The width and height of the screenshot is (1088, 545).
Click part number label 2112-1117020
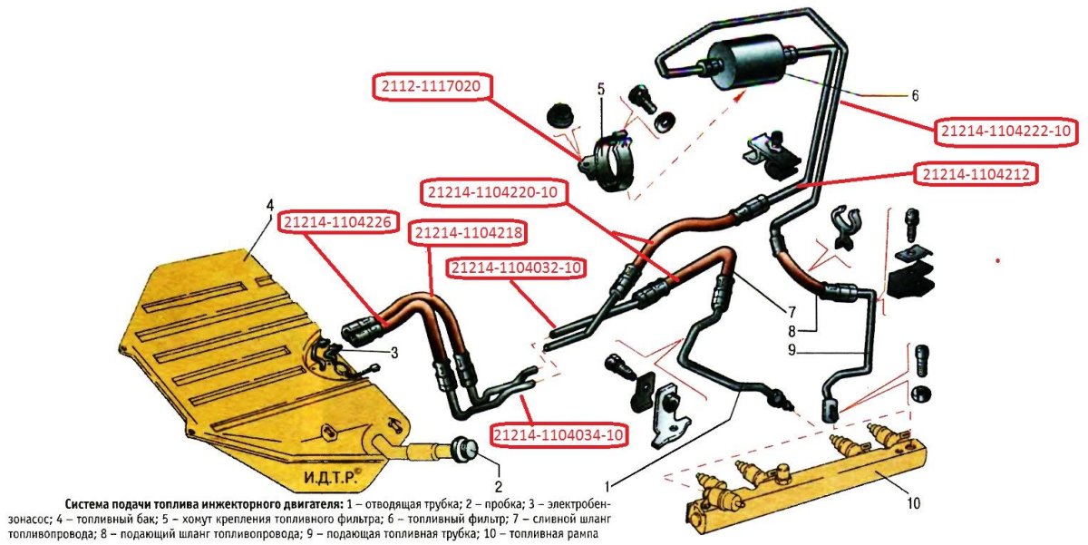[x=432, y=87]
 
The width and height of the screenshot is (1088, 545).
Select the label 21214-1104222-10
[x=1005, y=131]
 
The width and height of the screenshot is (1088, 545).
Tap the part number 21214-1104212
[x=976, y=174]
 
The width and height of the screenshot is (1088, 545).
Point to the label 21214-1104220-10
[x=492, y=193]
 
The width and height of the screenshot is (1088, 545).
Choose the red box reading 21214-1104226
[x=337, y=222]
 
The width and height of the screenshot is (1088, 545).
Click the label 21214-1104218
[x=469, y=233]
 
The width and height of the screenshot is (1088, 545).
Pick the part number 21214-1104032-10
[x=517, y=268]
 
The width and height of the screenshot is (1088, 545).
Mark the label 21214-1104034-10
[x=559, y=434]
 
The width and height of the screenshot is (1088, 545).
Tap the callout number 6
[x=915, y=96]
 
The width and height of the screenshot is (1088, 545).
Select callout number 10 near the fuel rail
[x=913, y=502]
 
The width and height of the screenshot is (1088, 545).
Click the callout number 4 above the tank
[x=270, y=206]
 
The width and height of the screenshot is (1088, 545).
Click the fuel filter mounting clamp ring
[x=608, y=162]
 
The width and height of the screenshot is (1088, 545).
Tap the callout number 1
[x=607, y=486]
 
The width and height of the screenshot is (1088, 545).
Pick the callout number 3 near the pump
[x=394, y=353]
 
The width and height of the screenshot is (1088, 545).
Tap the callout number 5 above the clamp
[x=601, y=90]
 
